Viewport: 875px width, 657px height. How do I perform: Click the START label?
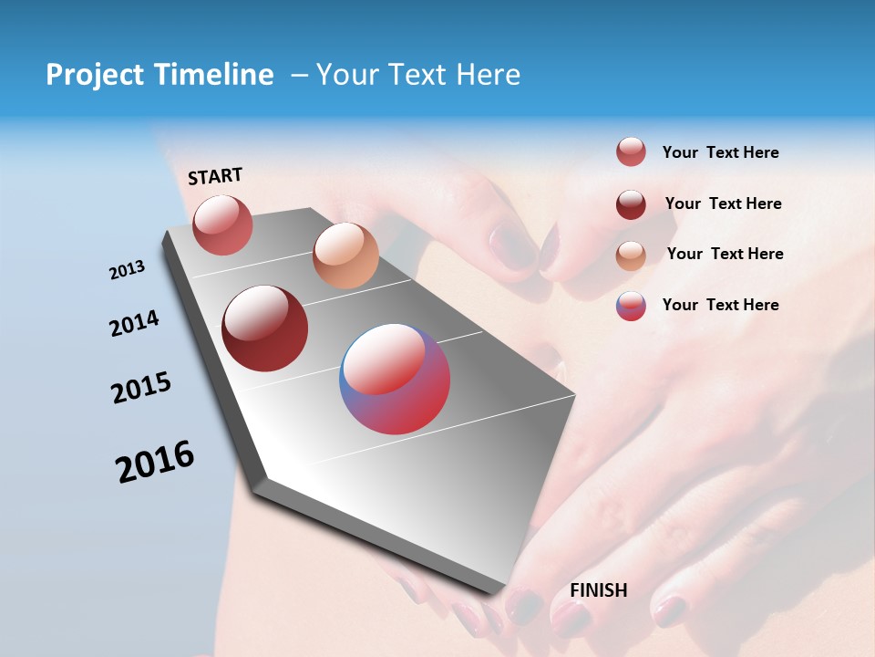(x=215, y=176)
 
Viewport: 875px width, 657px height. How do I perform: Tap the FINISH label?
(x=599, y=590)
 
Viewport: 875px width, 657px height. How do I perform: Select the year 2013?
(x=127, y=270)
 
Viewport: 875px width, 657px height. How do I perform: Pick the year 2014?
(x=134, y=324)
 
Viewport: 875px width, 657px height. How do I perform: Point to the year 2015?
(x=141, y=388)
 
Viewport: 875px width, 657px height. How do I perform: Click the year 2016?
(x=155, y=462)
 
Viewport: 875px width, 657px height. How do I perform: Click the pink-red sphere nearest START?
(x=222, y=224)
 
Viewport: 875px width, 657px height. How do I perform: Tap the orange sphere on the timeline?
(x=345, y=255)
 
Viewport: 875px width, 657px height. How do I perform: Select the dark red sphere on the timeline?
(x=264, y=328)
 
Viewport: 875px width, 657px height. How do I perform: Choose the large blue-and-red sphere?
(x=395, y=379)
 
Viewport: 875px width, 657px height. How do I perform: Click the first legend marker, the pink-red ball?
(x=631, y=152)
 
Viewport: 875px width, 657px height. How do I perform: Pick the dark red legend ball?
(x=631, y=204)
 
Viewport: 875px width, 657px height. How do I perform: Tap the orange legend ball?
(x=631, y=255)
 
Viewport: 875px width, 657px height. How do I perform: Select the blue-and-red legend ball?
(x=631, y=306)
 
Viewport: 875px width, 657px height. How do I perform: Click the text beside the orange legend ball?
(x=725, y=254)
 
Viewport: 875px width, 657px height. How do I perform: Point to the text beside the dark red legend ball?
(x=723, y=203)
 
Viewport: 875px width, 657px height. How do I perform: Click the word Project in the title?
(x=96, y=75)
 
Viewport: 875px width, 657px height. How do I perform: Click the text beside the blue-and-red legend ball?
(x=720, y=305)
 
